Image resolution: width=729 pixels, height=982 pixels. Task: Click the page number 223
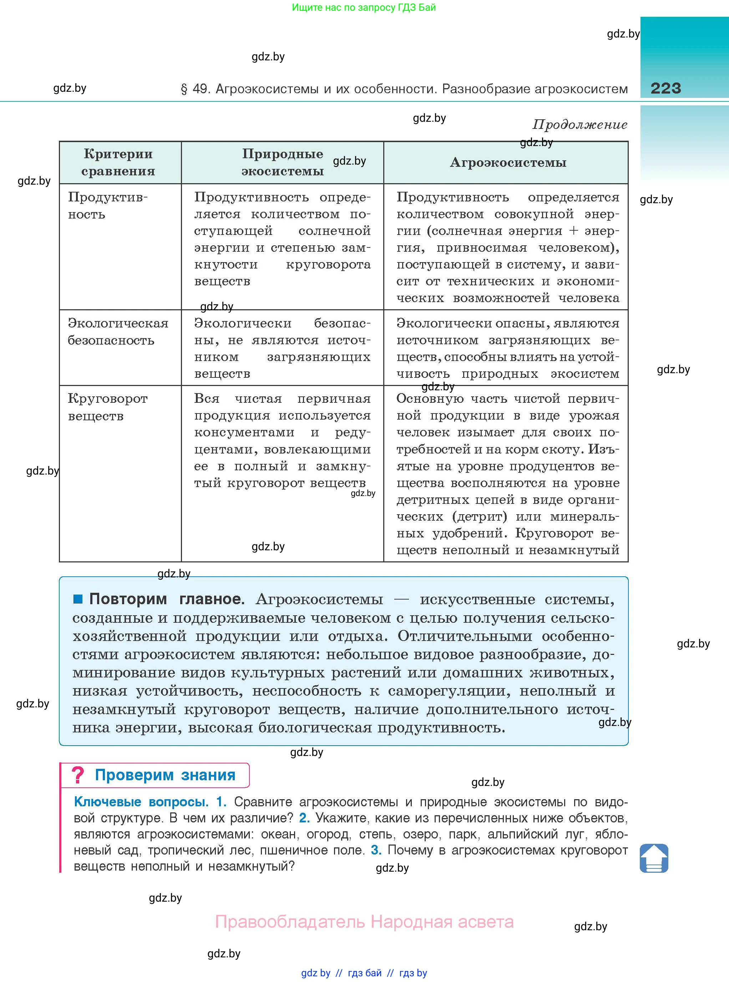click(x=665, y=88)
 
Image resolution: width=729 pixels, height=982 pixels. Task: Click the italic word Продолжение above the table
click(x=579, y=125)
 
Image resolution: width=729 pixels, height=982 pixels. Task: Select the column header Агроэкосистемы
click(x=508, y=162)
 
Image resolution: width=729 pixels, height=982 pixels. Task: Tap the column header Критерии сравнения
click(x=118, y=162)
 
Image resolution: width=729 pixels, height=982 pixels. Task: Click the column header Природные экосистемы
click(x=282, y=162)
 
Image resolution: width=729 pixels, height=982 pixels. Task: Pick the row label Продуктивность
click(x=107, y=205)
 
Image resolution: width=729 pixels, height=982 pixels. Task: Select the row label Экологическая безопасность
click(x=117, y=332)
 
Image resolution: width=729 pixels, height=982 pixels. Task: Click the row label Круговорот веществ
click(x=107, y=407)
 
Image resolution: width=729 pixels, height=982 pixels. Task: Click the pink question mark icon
click(x=78, y=775)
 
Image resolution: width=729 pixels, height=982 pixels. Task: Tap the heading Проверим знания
click(x=165, y=775)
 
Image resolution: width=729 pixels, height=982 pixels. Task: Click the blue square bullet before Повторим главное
click(x=78, y=599)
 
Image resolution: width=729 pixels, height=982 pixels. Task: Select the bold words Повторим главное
click(x=166, y=599)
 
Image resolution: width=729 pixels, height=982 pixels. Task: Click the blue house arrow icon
click(x=654, y=858)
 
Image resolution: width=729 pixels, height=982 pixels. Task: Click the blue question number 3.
click(x=375, y=850)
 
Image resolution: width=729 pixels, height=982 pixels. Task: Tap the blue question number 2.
click(x=304, y=818)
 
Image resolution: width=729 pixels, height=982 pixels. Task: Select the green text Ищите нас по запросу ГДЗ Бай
click(x=364, y=7)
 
